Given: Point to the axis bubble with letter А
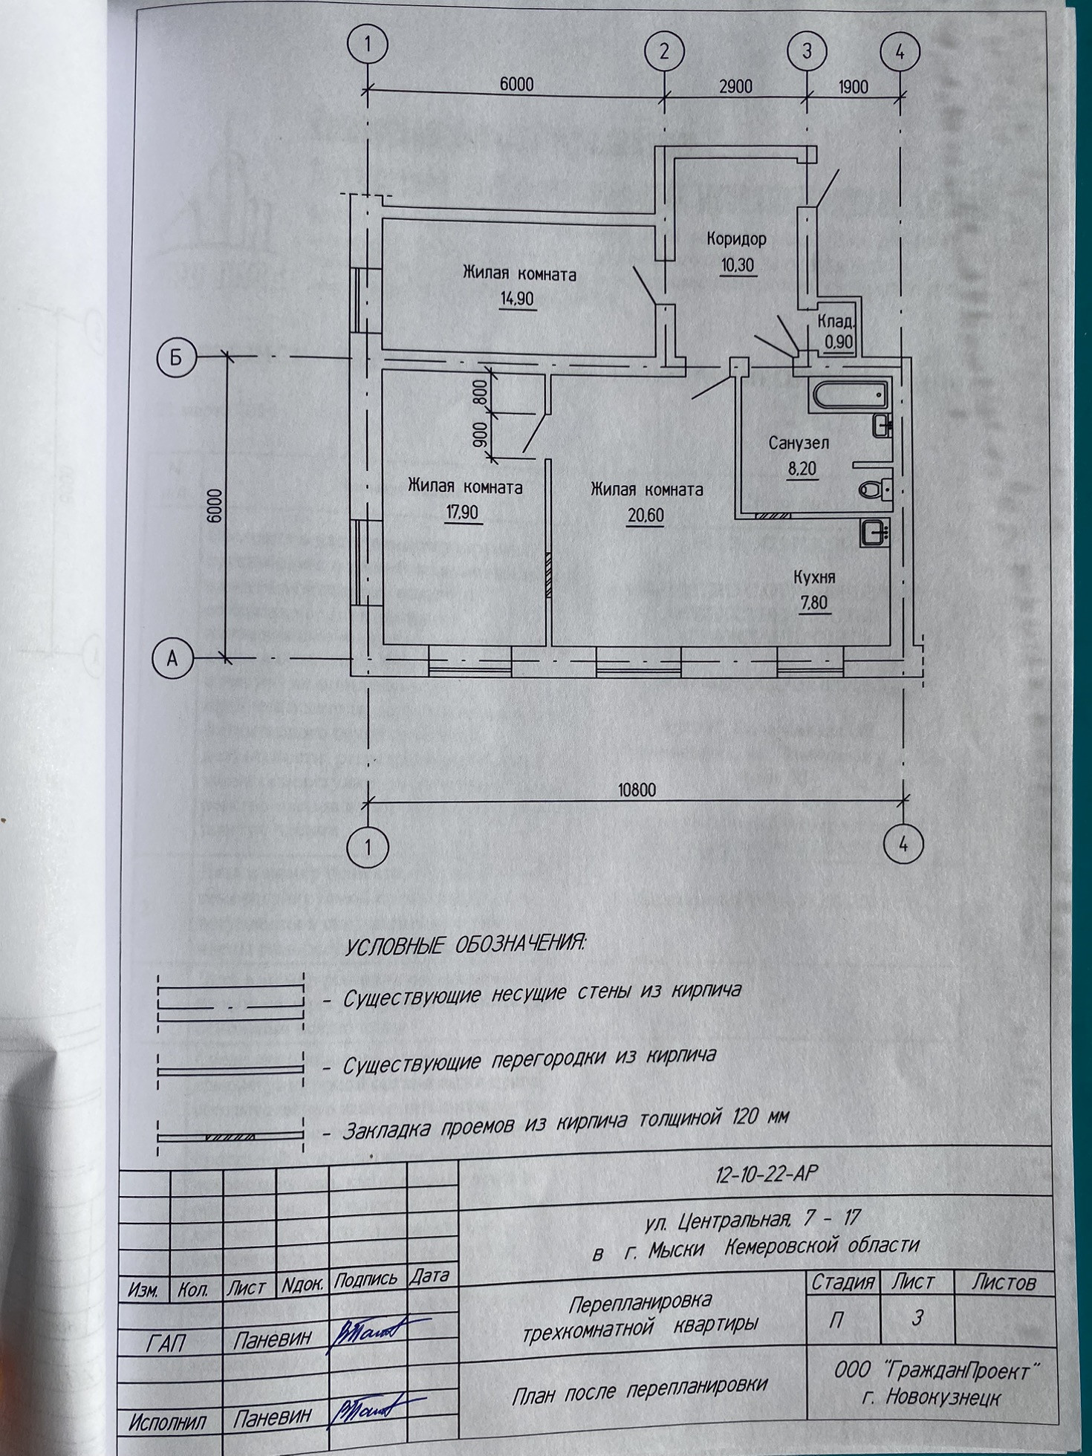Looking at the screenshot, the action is click(172, 657).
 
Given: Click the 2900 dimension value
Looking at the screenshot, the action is click(735, 86).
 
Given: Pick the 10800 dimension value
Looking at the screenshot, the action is click(637, 789).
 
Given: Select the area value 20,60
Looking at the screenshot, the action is click(644, 515).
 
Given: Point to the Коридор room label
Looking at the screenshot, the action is click(736, 239).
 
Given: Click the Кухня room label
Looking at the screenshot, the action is click(814, 577).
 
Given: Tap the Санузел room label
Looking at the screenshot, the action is click(799, 443).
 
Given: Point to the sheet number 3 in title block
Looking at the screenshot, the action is click(918, 1317).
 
